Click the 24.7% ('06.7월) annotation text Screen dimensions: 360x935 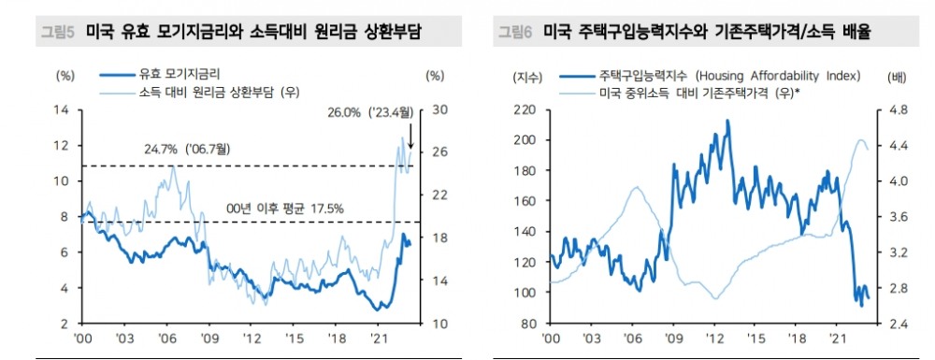click(186, 150)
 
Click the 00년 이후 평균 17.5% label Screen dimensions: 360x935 click(286, 208)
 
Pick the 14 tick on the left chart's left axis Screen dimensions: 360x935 click(63, 110)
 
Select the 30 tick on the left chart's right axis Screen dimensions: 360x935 click(435, 110)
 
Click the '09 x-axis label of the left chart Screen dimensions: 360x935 click(209, 338)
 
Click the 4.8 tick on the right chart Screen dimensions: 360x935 click(890, 110)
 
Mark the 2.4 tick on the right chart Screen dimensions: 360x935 click(890, 324)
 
